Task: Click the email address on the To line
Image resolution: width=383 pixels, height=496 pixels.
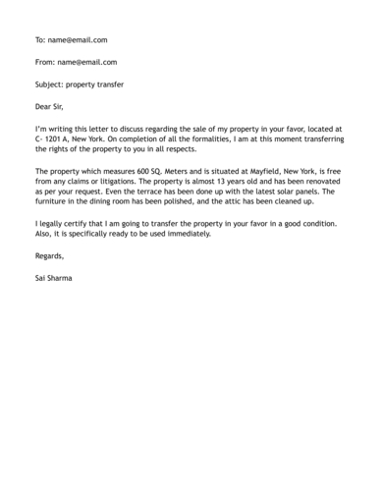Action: click(78, 40)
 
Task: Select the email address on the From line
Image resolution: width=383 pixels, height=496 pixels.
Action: click(87, 62)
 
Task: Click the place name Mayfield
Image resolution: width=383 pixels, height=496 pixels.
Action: click(267, 171)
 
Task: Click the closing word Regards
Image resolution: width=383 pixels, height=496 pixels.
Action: click(49, 257)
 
